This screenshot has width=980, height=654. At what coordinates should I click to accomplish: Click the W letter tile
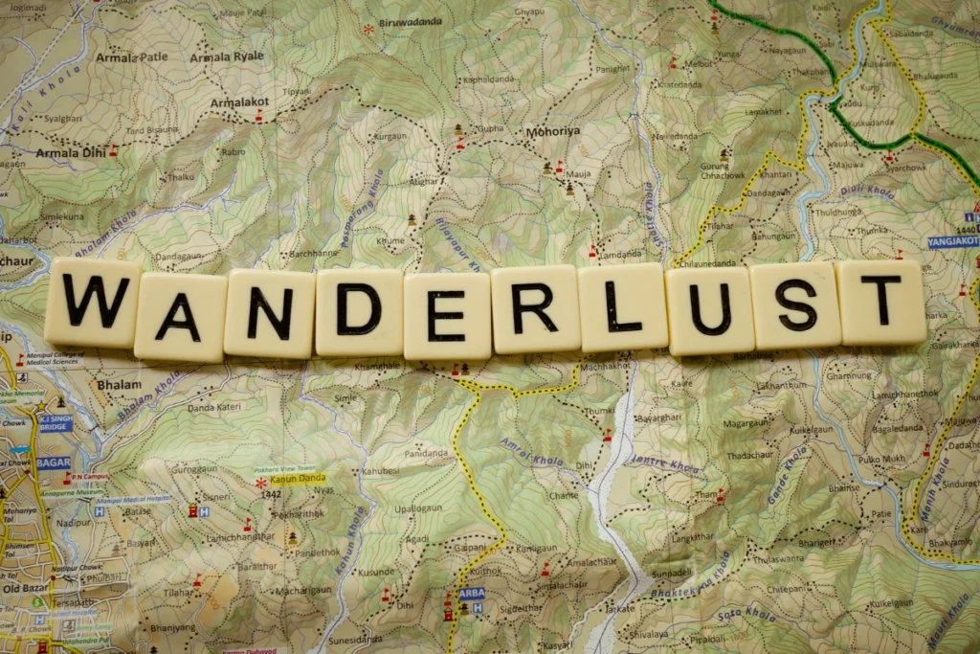coord(93,302)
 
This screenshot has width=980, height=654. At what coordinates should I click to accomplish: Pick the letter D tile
coord(359,311)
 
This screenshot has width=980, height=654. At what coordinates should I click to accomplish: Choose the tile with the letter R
coord(535,308)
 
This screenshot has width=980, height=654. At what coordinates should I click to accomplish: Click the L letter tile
coord(622,307)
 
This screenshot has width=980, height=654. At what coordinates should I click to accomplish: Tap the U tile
coord(709,310)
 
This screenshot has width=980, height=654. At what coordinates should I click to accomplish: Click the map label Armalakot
coord(239,101)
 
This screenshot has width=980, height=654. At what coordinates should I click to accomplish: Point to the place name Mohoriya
coord(553,131)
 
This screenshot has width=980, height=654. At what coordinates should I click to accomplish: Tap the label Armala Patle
coord(131,57)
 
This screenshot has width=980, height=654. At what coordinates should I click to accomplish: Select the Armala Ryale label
coord(227,56)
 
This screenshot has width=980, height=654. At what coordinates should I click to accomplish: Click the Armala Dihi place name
coord(71,152)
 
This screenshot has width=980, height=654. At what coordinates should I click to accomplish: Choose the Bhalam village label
coord(118,385)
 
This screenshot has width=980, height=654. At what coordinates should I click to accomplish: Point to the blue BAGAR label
coord(54,463)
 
